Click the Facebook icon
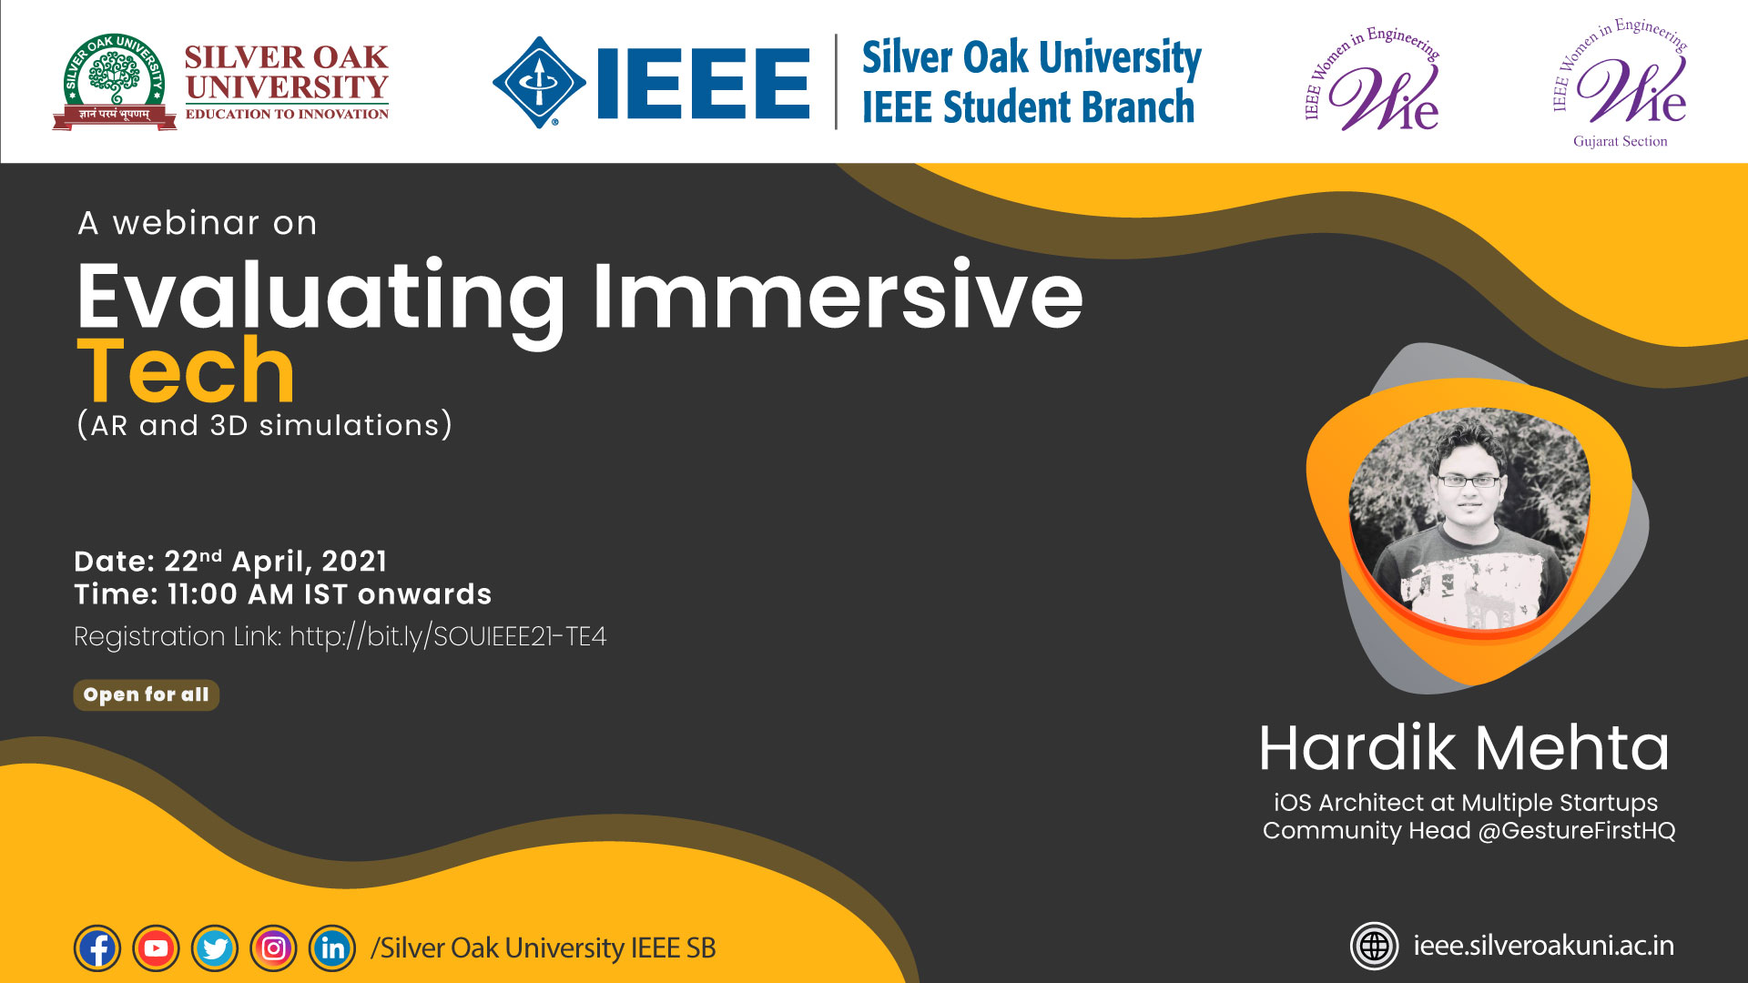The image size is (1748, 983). (97, 948)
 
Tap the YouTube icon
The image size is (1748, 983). (156, 948)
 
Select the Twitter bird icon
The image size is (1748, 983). (215, 948)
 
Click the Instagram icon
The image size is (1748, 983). (273, 948)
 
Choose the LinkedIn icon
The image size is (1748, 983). (332, 948)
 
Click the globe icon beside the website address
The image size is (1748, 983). (1374, 947)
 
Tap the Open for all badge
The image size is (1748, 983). (147, 694)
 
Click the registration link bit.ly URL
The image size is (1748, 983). (448, 636)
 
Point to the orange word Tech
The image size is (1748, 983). (186, 370)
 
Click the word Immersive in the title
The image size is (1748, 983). (838, 295)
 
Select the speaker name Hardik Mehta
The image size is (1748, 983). (1464, 748)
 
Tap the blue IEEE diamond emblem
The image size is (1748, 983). (539, 82)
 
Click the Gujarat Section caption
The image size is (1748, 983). (1621, 141)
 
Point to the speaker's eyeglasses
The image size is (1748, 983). (1469, 481)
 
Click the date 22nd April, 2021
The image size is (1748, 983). (276, 561)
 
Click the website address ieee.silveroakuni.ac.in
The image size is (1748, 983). (1544, 946)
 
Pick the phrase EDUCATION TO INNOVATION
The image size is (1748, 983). (287, 114)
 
